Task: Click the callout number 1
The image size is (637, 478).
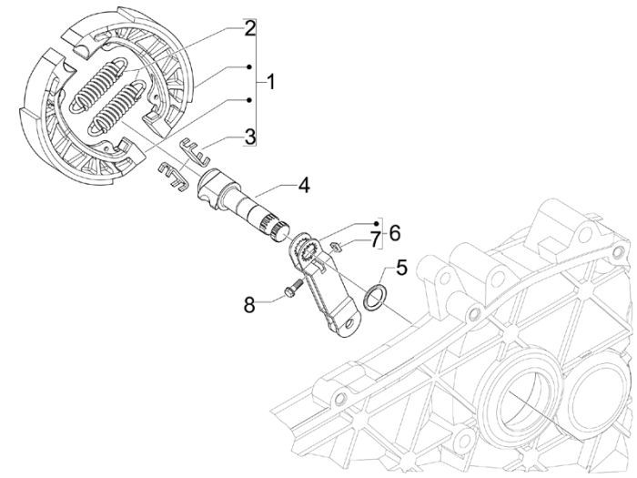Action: click(271, 82)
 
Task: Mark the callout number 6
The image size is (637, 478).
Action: click(394, 232)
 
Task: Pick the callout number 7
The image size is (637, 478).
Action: click(374, 239)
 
